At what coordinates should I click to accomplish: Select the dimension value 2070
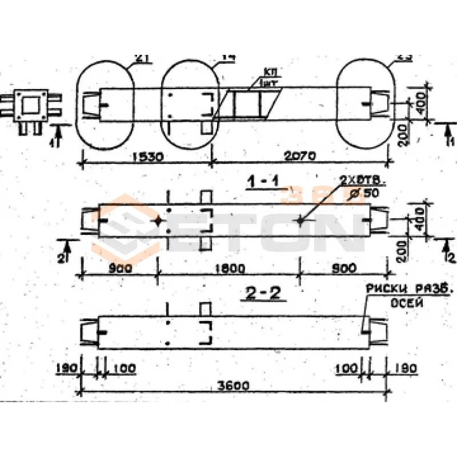pos(300,155)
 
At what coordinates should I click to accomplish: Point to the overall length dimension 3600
pos(232,386)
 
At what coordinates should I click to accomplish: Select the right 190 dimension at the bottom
pos(404,368)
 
